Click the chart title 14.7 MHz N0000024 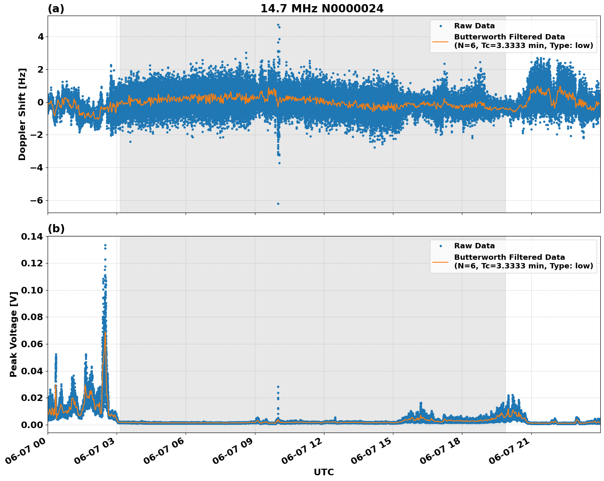(x=322, y=9)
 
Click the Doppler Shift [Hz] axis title (x=22, y=114)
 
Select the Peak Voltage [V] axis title (x=14, y=334)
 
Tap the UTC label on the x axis (x=324, y=472)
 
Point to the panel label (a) (x=56, y=9)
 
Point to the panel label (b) (x=56, y=229)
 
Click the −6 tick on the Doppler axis (x=34, y=200)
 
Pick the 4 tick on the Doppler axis (x=41, y=37)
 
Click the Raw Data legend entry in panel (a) (x=474, y=26)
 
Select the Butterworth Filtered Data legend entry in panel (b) (x=524, y=261)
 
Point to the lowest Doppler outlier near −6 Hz (x=278, y=204)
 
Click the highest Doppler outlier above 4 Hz (x=278, y=25)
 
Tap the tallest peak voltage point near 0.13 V (x=105, y=245)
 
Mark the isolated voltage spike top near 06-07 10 (x=278, y=387)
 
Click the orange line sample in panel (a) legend (x=441, y=41)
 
